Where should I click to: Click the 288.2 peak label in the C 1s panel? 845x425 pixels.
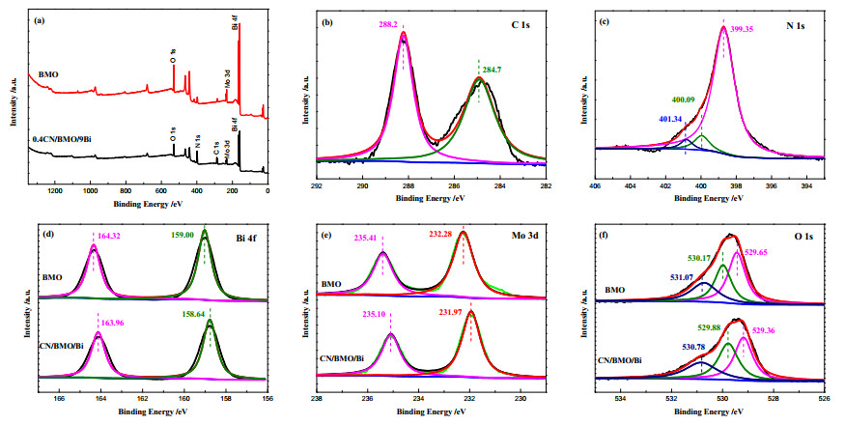387,24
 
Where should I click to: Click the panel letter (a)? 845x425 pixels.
39,20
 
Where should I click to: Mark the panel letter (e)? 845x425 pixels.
326,235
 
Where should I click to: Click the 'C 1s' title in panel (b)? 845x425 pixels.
521,25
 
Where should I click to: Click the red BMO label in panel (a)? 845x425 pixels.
48,74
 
